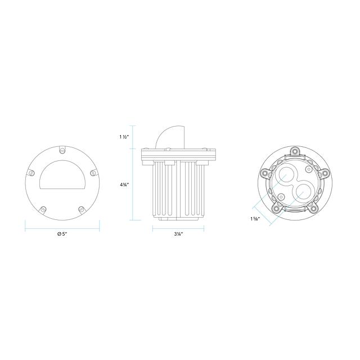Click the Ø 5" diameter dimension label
(62, 234)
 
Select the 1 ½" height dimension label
(124, 137)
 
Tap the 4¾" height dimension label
(124, 184)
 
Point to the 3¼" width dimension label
(178, 234)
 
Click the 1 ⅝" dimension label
(255, 219)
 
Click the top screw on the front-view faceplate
(62, 150)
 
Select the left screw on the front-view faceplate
(31, 173)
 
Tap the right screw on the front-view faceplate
(93, 173)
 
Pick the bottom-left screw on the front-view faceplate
(43, 209)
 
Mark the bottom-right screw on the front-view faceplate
(81, 209)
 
